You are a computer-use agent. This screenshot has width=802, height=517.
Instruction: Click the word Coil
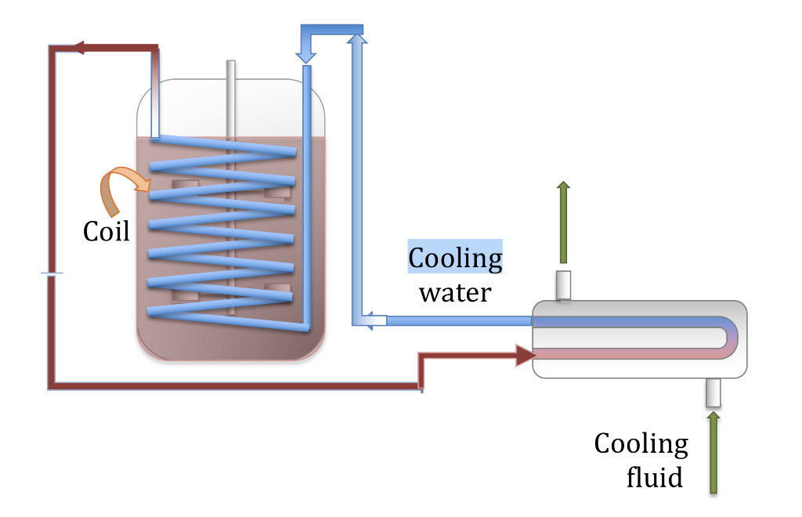(x=107, y=231)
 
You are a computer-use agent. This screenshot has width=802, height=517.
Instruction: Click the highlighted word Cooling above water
(x=455, y=257)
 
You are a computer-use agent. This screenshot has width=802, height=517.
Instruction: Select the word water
(x=454, y=292)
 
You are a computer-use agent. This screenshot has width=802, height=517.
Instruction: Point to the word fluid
(x=654, y=476)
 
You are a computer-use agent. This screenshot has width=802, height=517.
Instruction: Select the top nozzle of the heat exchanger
(x=563, y=285)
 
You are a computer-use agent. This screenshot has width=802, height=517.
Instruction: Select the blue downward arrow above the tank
(x=306, y=49)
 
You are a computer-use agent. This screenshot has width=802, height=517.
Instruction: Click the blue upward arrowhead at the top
(x=358, y=38)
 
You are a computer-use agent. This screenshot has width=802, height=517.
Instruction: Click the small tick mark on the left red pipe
(x=52, y=273)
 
